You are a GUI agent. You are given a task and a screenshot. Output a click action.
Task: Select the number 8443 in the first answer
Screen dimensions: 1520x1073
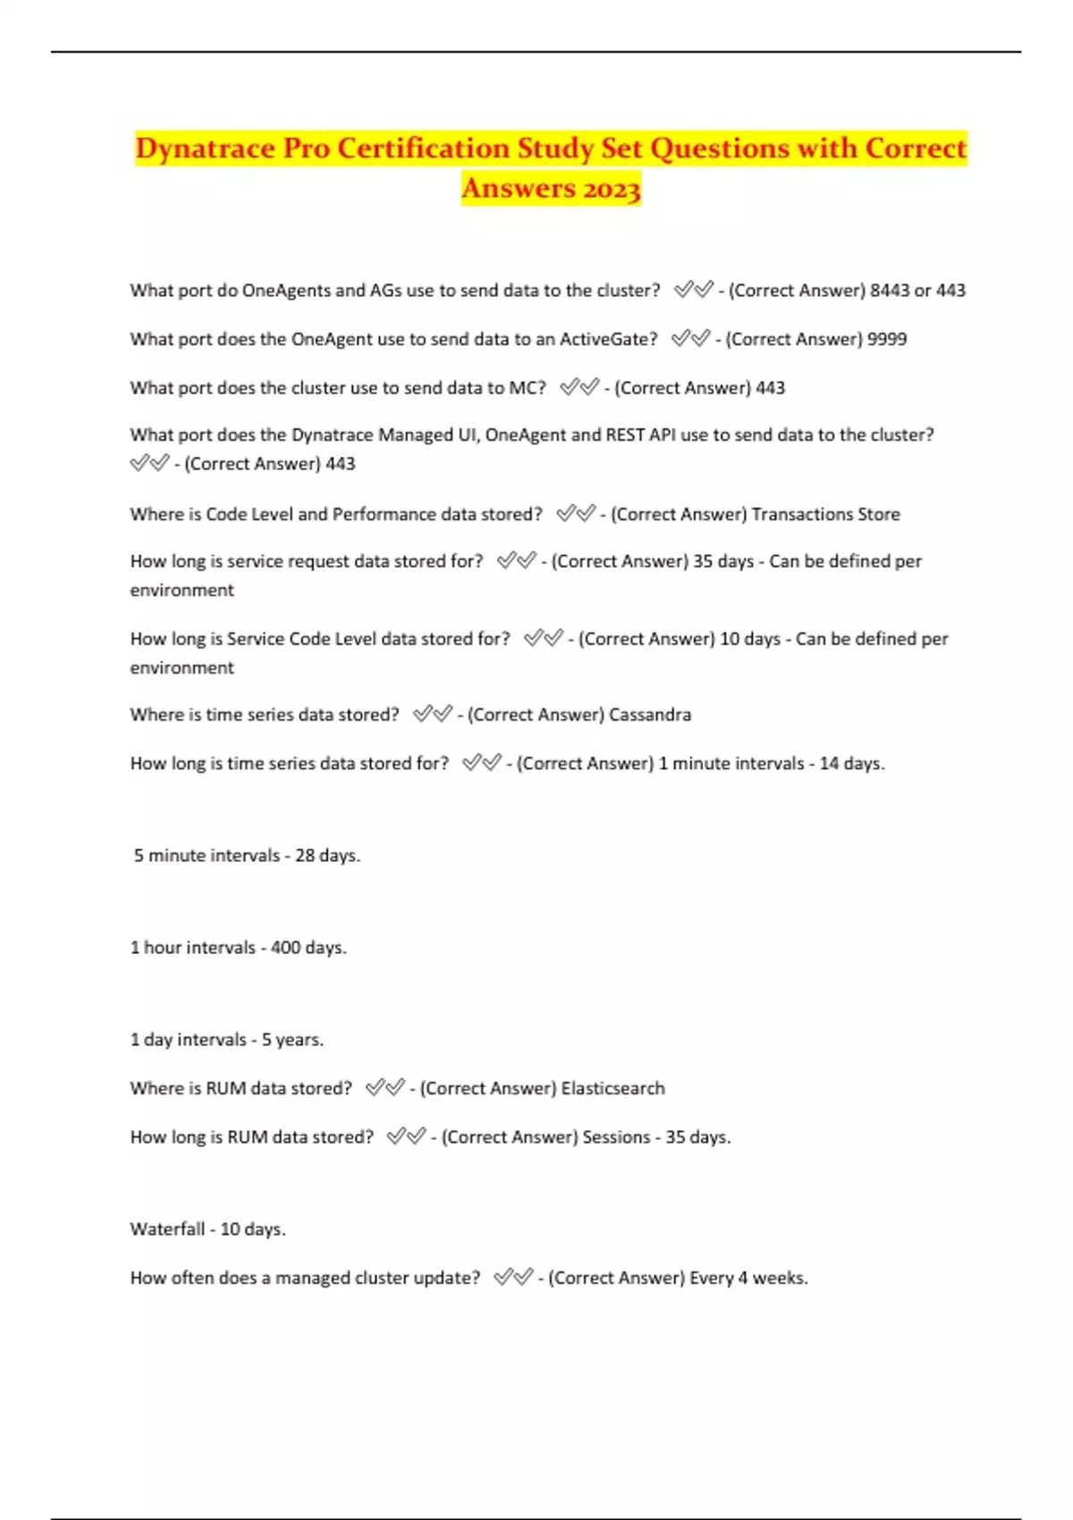point(890,291)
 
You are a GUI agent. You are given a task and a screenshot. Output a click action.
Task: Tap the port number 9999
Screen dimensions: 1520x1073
point(887,340)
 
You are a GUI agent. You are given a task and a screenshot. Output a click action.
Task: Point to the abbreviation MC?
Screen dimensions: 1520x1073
point(528,388)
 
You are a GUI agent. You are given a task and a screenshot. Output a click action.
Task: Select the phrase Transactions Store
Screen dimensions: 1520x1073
point(825,514)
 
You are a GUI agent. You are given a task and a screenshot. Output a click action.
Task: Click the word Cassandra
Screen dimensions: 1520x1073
point(650,715)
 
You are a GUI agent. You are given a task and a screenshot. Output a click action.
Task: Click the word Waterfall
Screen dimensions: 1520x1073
point(167,1229)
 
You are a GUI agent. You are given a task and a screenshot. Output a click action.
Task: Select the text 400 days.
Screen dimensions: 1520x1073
point(308,948)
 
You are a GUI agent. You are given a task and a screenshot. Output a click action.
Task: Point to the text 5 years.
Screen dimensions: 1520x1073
point(292,1040)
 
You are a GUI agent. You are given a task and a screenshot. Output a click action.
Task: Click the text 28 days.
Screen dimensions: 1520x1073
point(327,856)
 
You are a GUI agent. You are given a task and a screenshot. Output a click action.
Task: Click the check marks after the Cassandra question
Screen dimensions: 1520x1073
point(433,714)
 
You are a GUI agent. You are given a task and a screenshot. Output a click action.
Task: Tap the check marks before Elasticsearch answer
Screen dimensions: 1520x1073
point(385,1088)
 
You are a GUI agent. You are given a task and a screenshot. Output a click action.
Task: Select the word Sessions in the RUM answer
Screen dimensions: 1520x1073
point(616,1137)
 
